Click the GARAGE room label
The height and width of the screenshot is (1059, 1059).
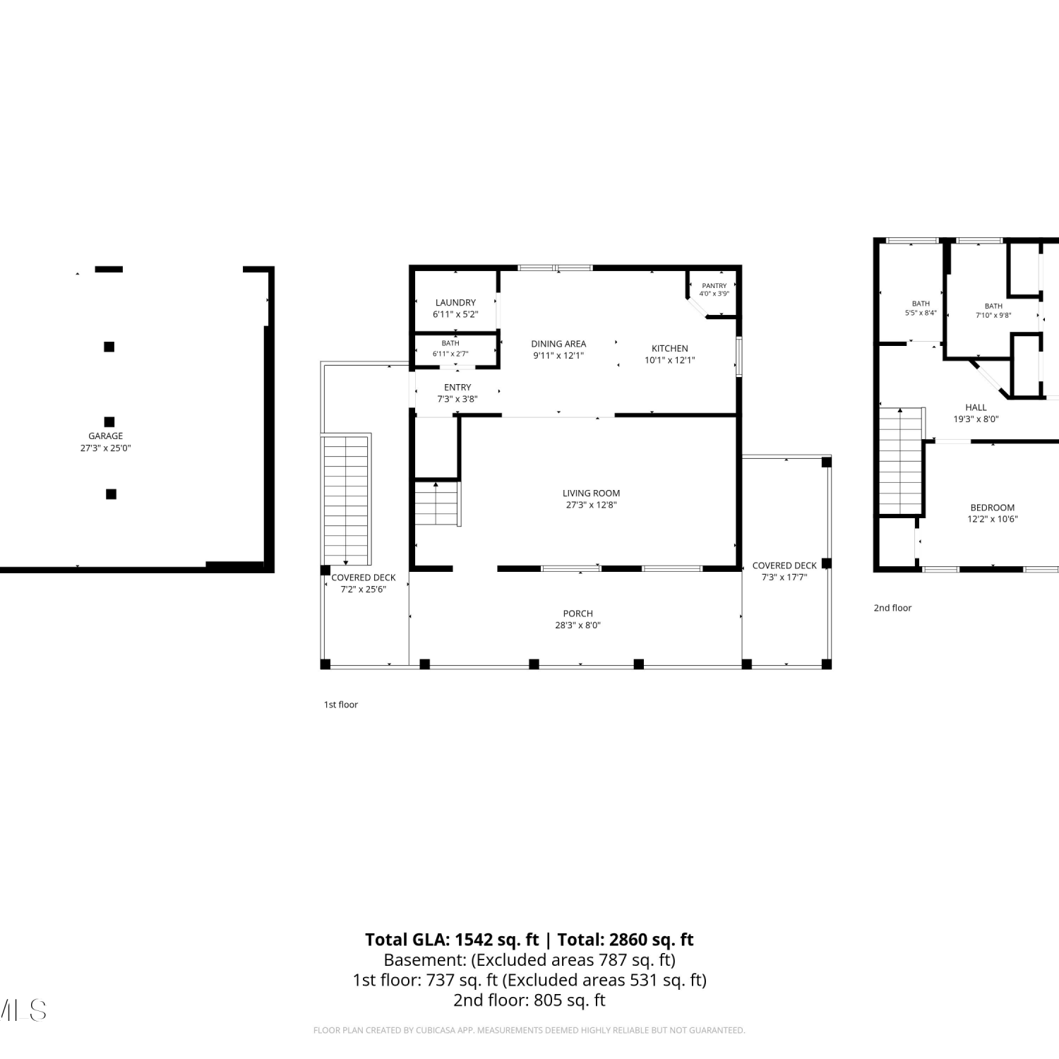tap(106, 436)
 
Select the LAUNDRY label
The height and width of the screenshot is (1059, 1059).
tap(455, 303)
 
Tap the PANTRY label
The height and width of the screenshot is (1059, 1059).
tap(714, 286)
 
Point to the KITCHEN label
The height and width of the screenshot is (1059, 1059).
tap(670, 349)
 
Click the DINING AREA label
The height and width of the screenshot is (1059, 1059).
tap(558, 344)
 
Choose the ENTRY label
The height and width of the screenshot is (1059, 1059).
tap(457, 388)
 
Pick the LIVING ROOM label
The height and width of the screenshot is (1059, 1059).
tap(592, 493)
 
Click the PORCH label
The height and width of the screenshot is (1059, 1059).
tap(578, 614)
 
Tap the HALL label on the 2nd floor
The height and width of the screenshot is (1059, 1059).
tap(976, 407)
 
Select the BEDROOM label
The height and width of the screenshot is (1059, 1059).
tap(993, 508)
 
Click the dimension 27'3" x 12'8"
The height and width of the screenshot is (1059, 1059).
tap(592, 505)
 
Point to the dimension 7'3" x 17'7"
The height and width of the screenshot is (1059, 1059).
tap(784, 577)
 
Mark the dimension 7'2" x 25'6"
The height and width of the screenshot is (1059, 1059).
tap(364, 589)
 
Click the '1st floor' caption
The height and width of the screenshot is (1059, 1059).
tap(341, 705)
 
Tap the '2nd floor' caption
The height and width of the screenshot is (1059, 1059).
tap(892, 608)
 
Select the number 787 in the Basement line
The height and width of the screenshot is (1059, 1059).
tap(613, 960)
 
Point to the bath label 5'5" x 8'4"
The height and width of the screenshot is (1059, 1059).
tap(921, 313)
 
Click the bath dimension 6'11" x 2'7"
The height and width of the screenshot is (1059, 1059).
tap(450, 354)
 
